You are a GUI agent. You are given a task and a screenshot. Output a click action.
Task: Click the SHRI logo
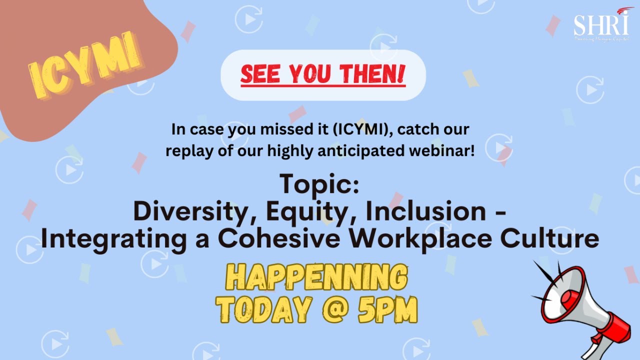pos(602,24)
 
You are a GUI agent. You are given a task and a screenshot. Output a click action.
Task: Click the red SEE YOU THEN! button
pos(323,75)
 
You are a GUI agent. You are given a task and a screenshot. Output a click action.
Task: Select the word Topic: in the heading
pos(319,184)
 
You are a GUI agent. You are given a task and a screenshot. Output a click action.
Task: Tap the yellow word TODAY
pos(263,310)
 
